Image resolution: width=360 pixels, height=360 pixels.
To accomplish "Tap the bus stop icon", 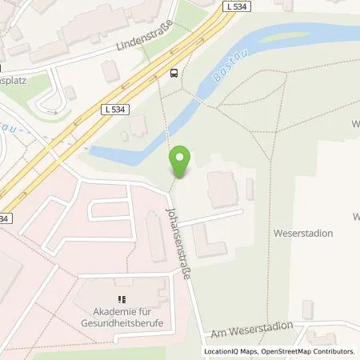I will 174,73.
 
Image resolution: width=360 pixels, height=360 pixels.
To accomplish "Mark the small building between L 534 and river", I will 138,126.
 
